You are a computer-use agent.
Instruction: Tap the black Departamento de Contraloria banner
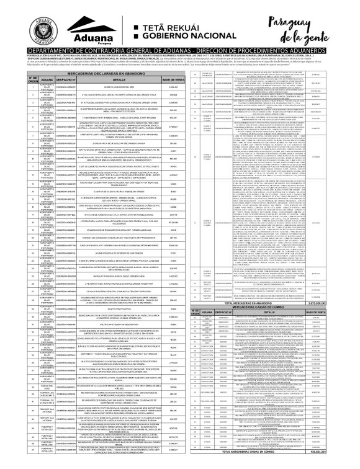180,49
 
